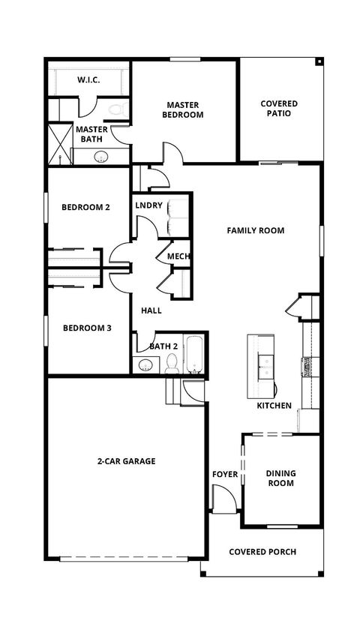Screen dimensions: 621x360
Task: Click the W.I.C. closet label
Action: click(89, 79)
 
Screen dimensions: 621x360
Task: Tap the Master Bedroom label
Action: click(185, 109)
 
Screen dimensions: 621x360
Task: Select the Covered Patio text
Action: click(279, 108)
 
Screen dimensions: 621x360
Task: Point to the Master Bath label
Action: click(92, 134)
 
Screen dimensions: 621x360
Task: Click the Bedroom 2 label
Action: click(86, 207)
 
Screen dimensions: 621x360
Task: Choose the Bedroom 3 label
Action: click(86, 327)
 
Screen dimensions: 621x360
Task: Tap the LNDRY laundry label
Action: click(149, 205)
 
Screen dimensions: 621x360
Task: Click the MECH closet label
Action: click(178, 256)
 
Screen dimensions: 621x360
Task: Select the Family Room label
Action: click(256, 230)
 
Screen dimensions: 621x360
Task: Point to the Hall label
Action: click(151, 310)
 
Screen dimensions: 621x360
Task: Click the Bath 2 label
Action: click(163, 346)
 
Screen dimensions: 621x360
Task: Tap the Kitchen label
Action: click(274, 405)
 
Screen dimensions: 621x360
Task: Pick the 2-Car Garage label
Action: click(126, 461)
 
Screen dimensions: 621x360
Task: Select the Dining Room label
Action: click(281, 478)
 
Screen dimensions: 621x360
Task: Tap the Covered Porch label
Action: click(262, 551)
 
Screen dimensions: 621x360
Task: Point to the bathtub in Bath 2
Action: click(194, 355)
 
